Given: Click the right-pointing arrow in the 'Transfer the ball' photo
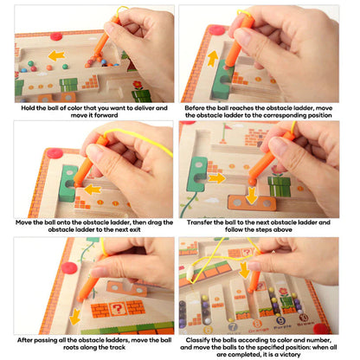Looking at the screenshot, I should pyautogui.click(x=216, y=178).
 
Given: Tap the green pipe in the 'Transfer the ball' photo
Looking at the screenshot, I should pyautogui.click(x=279, y=185).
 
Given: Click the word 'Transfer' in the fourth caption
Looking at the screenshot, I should pyautogui.click(x=202, y=222).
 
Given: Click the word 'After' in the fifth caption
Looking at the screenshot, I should pyautogui.click(x=27, y=340).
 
